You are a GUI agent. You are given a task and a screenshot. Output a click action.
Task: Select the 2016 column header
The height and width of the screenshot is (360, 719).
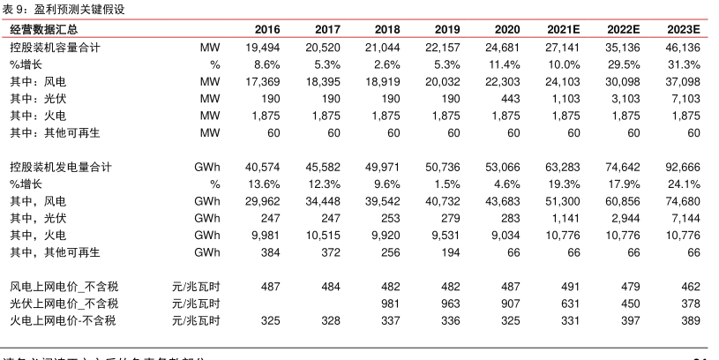coord(266,29)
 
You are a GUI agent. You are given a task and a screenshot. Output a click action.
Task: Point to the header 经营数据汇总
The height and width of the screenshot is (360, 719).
coord(43,29)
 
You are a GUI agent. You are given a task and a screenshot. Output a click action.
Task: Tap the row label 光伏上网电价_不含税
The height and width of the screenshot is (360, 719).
coord(63,304)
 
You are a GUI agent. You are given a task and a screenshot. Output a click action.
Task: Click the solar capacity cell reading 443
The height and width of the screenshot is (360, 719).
coord(508,98)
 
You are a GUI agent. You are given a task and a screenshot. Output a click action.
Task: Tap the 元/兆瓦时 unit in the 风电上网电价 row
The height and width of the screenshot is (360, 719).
coord(196,287)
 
